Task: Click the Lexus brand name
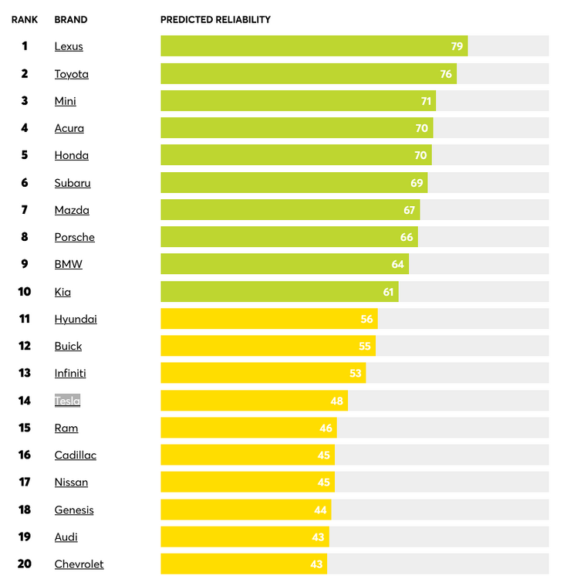coord(69,46)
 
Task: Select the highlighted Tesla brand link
coord(67,401)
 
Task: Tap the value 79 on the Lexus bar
coord(457,46)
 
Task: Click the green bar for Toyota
coord(309,74)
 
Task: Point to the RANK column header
coord(25,19)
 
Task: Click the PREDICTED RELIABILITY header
coord(215,19)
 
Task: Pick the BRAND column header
coord(71,19)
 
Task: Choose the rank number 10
coord(25,292)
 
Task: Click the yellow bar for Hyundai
coord(262,319)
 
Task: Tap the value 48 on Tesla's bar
coord(336,401)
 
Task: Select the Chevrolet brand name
coord(79,564)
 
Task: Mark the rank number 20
coord(25,564)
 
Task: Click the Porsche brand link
coord(74,237)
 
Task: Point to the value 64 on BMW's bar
coord(397,264)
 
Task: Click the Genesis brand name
coord(74,510)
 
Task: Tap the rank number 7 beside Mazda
coord(25,210)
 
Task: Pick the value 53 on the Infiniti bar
coord(355,374)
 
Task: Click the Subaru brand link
coord(73,183)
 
